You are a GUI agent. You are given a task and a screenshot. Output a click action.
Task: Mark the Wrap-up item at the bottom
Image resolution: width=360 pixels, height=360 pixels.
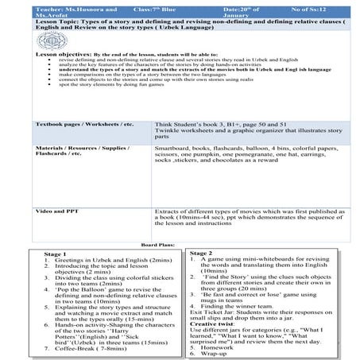coord(218,354)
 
